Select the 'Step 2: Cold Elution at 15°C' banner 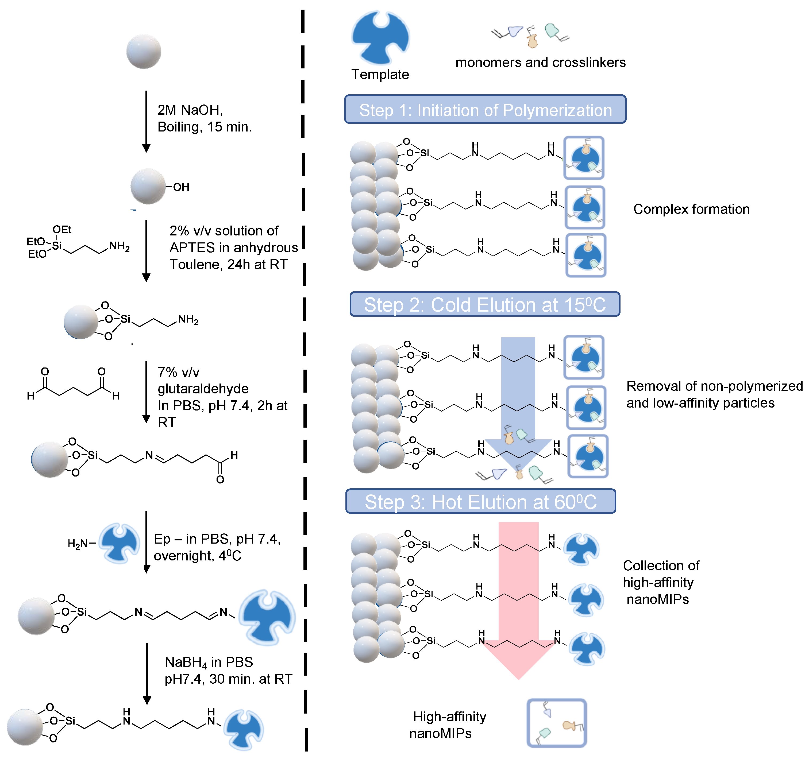[x=485, y=304]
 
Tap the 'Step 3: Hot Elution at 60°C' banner [x=481, y=501]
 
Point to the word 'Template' [x=380, y=75]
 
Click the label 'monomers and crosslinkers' [x=540, y=62]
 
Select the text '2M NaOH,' [x=190, y=110]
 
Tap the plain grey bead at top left [x=144, y=52]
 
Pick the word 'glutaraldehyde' [x=203, y=389]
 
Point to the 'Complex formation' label [x=691, y=209]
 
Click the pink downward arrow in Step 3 [x=518, y=600]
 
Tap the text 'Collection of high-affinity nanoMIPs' [x=661, y=582]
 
